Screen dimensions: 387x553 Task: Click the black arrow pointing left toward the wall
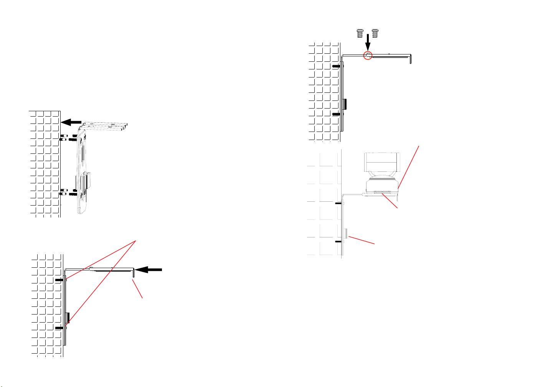[71, 122]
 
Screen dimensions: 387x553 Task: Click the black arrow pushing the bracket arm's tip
[149, 270]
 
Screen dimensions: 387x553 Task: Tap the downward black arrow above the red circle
[368, 41]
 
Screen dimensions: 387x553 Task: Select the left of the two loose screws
[360, 33]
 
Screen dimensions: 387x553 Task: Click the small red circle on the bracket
[368, 55]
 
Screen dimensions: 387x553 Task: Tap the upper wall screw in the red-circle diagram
[337, 66]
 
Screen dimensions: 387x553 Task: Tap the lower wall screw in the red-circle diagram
[337, 114]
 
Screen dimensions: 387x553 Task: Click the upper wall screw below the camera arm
[338, 203]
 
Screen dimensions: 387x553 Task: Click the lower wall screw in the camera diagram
[338, 242]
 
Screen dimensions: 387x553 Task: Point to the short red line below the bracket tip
[138, 289]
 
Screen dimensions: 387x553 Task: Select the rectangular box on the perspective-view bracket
[87, 180]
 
